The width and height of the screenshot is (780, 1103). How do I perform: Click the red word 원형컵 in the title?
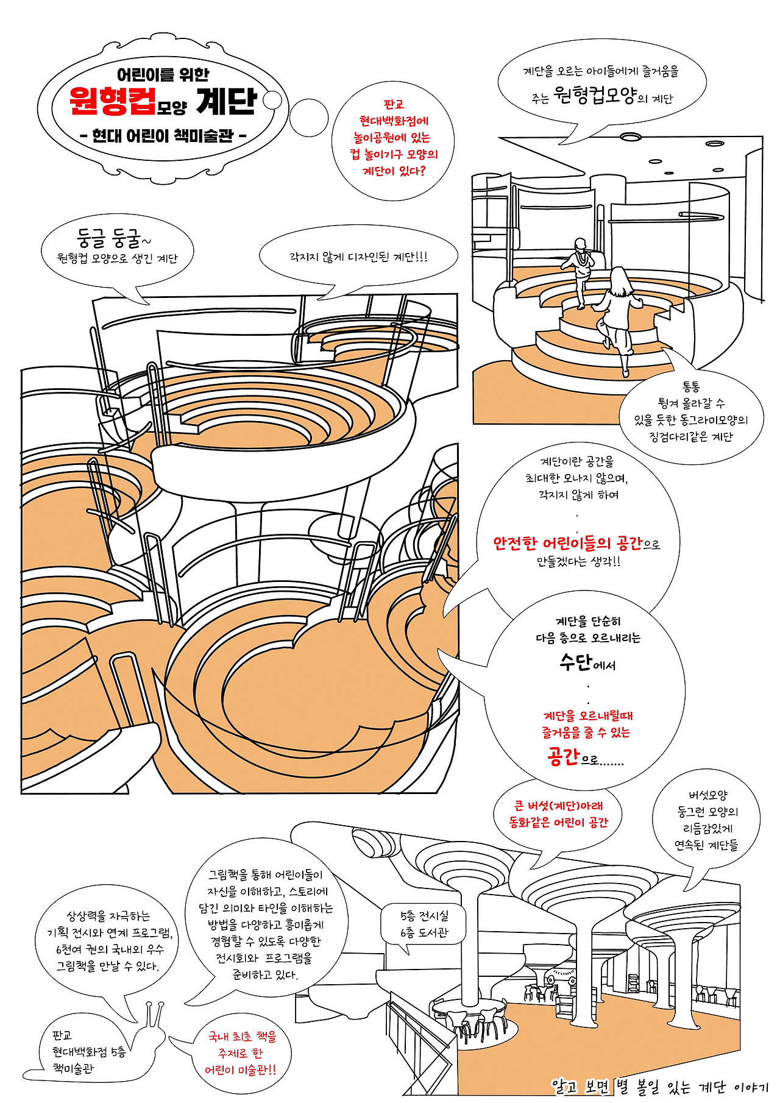[x=112, y=101]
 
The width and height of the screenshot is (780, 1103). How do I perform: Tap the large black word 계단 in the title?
[x=227, y=101]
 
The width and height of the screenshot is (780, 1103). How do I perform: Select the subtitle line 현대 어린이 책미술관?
[x=163, y=135]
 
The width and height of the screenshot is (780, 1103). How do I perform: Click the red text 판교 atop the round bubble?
[x=394, y=104]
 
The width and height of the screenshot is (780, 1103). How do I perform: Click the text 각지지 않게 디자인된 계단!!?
[x=358, y=257]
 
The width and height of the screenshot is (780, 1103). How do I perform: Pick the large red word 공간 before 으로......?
[x=562, y=756]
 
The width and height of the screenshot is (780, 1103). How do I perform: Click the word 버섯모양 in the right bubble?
[x=708, y=795]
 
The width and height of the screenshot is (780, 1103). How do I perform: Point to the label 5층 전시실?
[x=424, y=915]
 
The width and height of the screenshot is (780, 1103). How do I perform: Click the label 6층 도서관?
[x=424, y=932]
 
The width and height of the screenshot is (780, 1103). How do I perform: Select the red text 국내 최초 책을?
[x=242, y=1037]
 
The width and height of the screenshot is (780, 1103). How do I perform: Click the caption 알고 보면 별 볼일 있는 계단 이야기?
[x=659, y=1086]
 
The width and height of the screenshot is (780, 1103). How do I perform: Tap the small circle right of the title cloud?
[x=273, y=100]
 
